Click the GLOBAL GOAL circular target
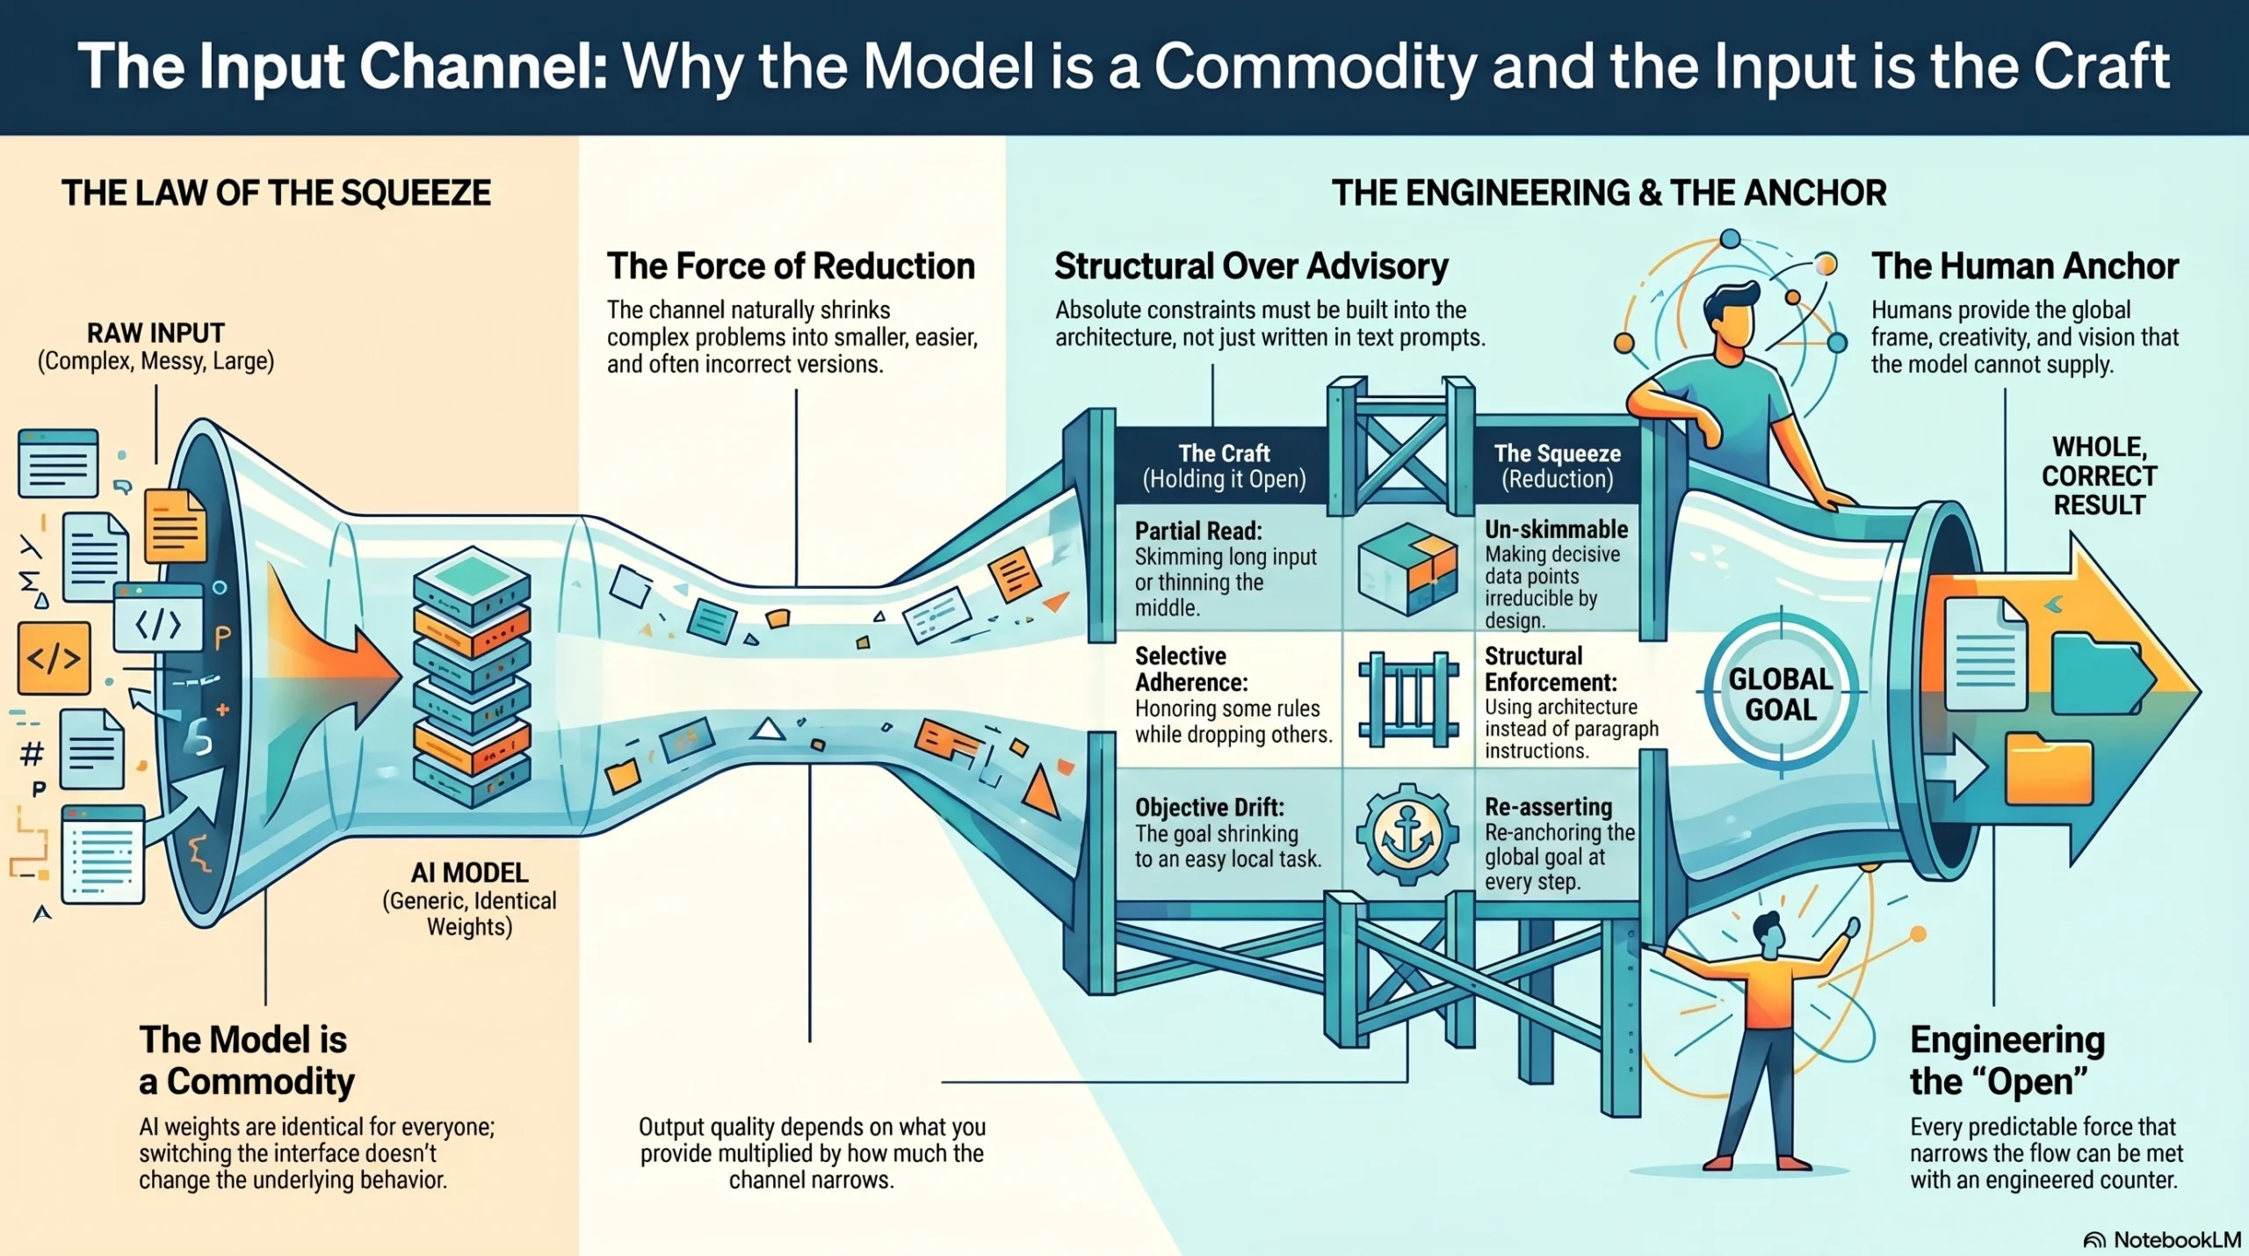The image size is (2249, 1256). [x=1780, y=693]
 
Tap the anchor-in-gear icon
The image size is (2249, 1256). [x=1407, y=834]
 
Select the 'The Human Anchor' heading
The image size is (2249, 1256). [x=2024, y=265]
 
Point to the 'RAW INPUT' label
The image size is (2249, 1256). [x=155, y=333]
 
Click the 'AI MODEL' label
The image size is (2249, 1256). [x=469, y=873]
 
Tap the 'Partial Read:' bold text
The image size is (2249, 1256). [x=1198, y=531]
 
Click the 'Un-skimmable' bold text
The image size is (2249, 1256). [x=1556, y=529]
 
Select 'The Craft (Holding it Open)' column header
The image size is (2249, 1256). [x=1224, y=466]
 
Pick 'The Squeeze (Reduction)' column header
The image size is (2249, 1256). [x=1557, y=466]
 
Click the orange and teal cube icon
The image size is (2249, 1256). [x=1407, y=568]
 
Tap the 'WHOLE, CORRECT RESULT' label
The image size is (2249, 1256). [x=2099, y=476]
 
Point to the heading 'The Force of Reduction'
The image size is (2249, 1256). [x=791, y=265]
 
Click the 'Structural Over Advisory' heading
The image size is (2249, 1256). [x=1251, y=265]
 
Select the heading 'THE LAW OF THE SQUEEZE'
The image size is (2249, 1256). [x=276, y=192]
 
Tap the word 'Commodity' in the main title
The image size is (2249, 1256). [x=1315, y=66]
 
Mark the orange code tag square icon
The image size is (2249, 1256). [x=54, y=657]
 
